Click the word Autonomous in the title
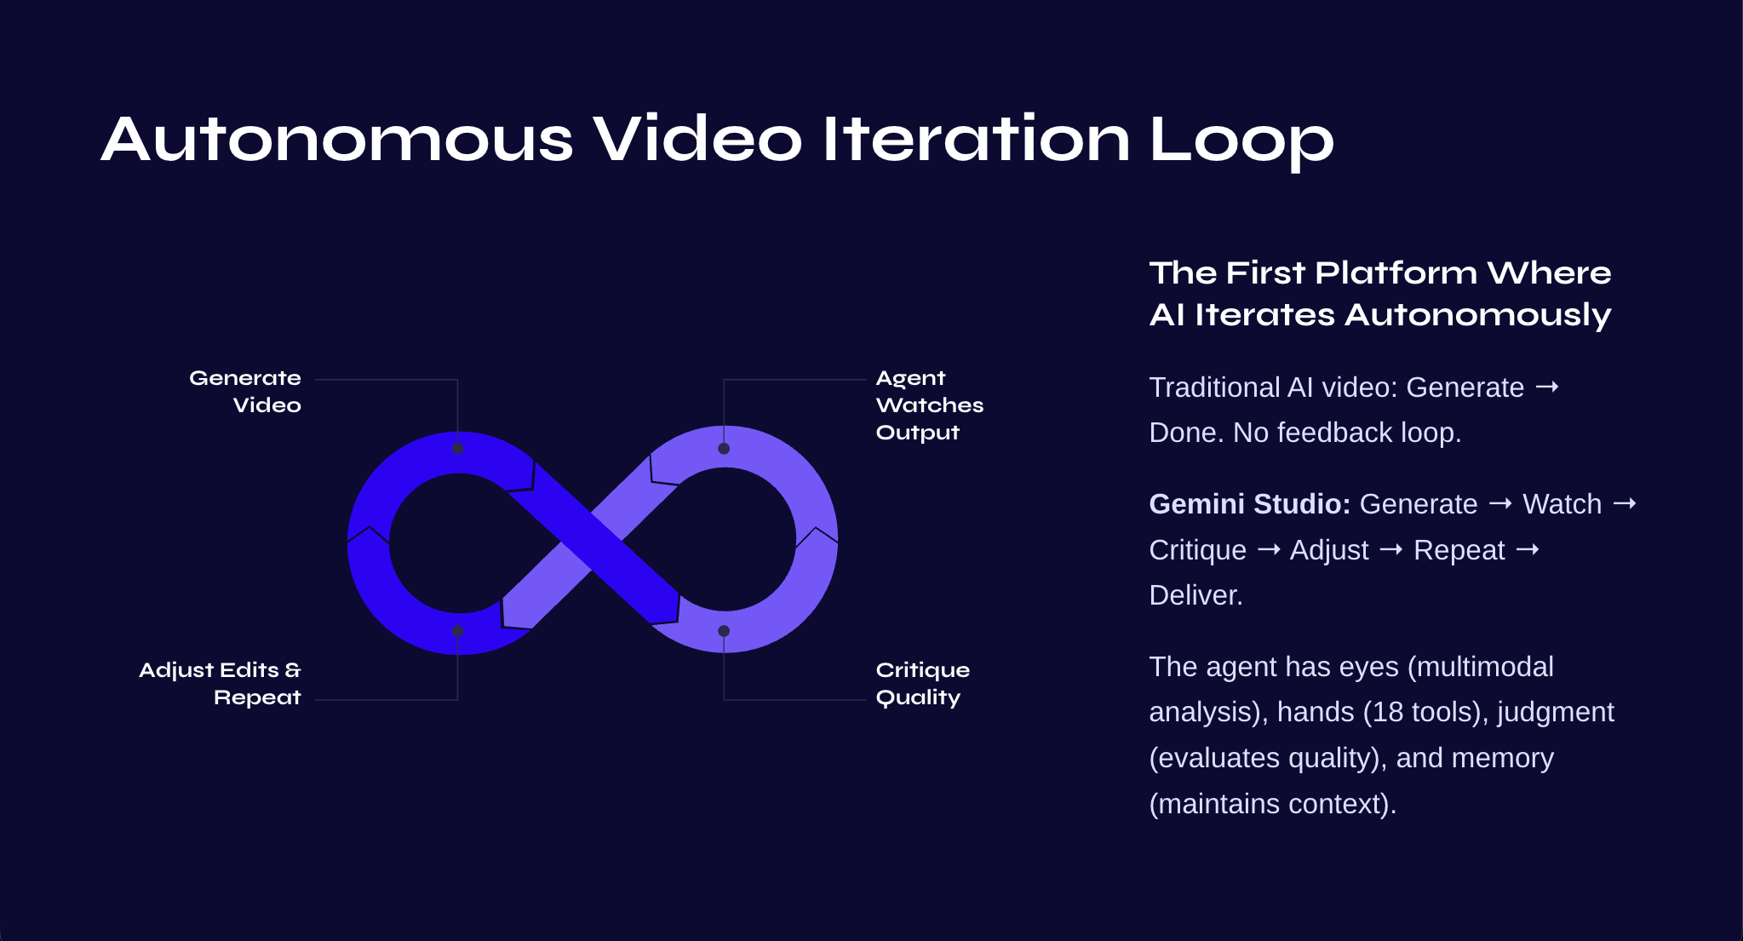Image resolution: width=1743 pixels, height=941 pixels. coord(337,139)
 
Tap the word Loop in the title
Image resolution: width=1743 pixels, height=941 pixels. coord(1241,141)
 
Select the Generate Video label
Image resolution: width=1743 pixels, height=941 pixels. coord(245,391)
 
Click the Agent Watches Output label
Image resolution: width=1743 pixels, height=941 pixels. coord(930,405)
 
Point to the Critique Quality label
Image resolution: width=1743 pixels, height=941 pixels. coord(923,684)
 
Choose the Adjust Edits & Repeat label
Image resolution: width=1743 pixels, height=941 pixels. coord(221,684)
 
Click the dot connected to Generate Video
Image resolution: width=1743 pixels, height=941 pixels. coord(458,449)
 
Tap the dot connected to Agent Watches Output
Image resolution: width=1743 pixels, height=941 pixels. coord(724,449)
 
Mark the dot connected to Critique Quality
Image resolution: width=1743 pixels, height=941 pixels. coord(724,631)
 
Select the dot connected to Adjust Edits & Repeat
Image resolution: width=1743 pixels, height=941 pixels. coord(458,631)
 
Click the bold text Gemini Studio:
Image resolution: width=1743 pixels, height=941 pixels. coord(1250,504)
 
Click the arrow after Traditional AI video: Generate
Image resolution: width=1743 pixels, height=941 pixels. coord(1547,387)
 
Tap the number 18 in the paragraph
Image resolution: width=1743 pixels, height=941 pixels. coord(1388,712)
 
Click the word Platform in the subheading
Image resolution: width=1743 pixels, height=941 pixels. coord(1396,273)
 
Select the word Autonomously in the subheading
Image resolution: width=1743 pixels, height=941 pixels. coord(1478,316)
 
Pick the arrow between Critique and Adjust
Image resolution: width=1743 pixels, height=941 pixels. coord(1269,550)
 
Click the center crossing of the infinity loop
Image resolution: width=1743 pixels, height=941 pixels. coord(592,542)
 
